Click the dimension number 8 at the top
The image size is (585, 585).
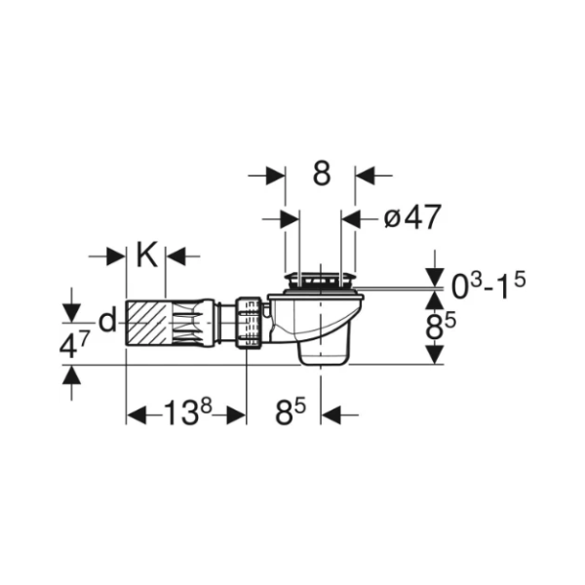coord(321,175)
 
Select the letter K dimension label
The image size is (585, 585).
coord(146,255)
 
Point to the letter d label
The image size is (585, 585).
coord(108,319)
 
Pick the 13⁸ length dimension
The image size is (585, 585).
coord(185,413)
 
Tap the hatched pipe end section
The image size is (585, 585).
coord(145,321)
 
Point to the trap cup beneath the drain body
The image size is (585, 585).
coord(323,352)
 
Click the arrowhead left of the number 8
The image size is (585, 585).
coord(277,175)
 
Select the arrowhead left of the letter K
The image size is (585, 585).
coord(119,256)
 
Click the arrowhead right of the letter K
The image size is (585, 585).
coord(174,256)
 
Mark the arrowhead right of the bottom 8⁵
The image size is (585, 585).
coord(330,414)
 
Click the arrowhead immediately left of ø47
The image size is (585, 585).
coord(351,217)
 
